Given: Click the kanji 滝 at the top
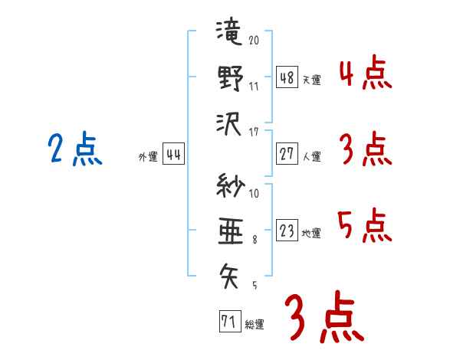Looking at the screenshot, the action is coord(228,31).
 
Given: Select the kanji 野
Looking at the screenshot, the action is coord(231,77).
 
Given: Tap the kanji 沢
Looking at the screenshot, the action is coord(228,124).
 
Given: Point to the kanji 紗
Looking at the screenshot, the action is coord(230,185).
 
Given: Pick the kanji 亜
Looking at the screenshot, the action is coord(231,231).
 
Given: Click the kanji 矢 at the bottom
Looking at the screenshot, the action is coord(228,276).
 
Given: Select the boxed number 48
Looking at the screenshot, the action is coord(287,77).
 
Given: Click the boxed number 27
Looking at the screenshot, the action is coord(287,154).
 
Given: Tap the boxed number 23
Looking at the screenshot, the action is coord(287,230).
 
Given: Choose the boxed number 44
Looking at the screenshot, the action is coord(173,154).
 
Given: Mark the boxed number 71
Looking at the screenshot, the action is coord(230,321).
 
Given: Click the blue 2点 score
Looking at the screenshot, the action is coord(75,149).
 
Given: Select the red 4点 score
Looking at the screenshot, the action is coord(366,72).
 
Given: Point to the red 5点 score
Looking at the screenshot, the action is coord(365,225).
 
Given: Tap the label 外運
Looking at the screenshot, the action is coord(148,156).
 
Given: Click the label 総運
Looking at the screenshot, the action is coord(255,325).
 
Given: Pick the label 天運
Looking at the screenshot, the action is coord(312,80).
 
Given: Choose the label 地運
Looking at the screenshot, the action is coord(311,233).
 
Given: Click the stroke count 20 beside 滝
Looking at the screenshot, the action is coord(254,40).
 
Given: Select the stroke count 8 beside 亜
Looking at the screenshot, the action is coord(255,240).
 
